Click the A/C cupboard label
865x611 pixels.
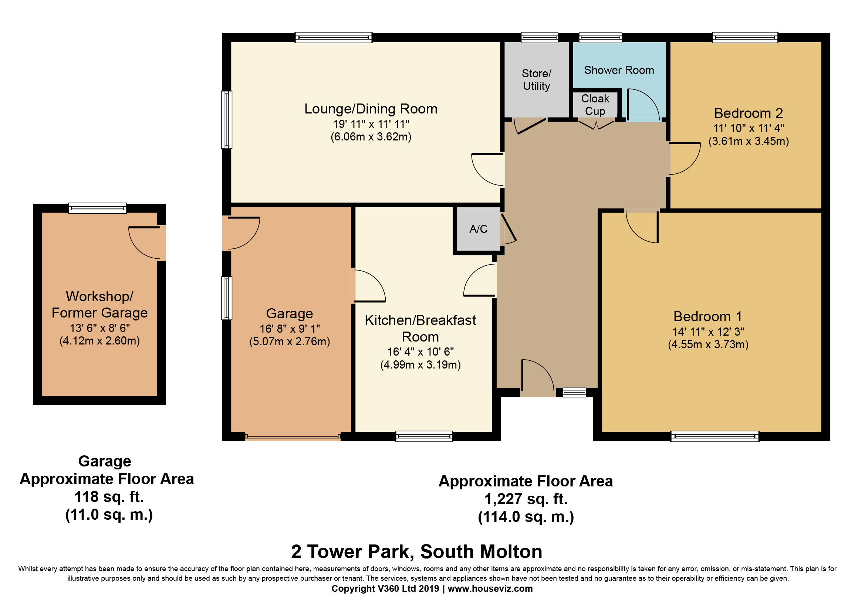[479, 229]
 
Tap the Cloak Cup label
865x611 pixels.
[595, 105]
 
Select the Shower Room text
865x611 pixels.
[619, 70]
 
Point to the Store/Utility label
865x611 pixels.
[537, 79]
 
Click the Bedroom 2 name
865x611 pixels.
[749, 113]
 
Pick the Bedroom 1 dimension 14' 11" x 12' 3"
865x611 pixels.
[708, 332]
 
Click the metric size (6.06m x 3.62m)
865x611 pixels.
[371, 137]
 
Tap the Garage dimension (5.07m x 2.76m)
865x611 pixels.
[290, 342]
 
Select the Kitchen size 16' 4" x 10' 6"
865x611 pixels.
[420, 352]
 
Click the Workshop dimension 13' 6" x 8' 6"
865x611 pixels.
[100, 328]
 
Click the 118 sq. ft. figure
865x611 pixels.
[109, 496]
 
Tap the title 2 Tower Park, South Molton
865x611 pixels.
[417, 551]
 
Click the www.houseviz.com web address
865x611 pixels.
[490, 589]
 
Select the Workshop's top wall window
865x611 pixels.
[98, 208]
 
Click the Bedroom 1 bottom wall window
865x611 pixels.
[715, 436]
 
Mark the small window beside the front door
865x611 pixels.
[575, 393]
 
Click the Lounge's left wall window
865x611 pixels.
[226, 120]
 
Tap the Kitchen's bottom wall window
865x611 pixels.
[424, 436]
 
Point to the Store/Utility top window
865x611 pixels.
[540, 37]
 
